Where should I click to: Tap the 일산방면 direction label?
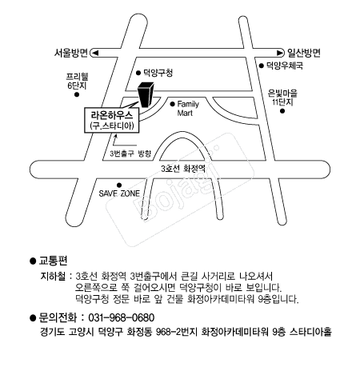[302, 54]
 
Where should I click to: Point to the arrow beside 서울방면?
[94, 54]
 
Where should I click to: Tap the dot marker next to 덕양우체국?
[260, 69]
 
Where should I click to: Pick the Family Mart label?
[187, 109]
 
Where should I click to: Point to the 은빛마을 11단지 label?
[282, 97]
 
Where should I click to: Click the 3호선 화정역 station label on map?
[183, 169]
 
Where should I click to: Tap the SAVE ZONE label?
[118, 193]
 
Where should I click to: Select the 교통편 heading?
[53, 261]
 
